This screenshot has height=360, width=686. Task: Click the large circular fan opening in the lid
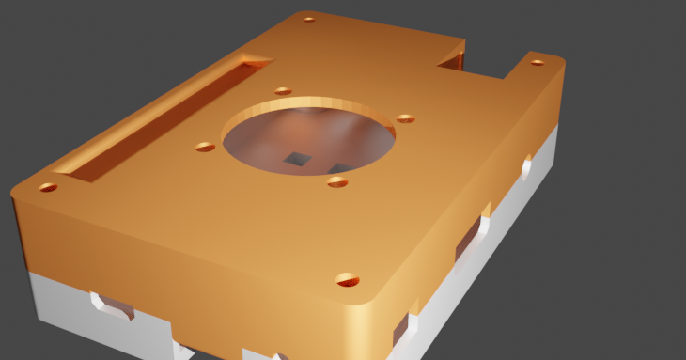(x=308, y=138)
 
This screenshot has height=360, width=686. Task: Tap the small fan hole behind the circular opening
(x=283, y=91)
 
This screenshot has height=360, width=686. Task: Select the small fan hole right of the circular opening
(x=405, y=118)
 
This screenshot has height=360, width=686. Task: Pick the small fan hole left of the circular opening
(x=205, y=147)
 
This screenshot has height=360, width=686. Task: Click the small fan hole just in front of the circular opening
(x=338, y=181)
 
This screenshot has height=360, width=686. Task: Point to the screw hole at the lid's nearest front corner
(x=348, y=279)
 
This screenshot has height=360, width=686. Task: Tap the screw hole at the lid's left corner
(x=47, y=187)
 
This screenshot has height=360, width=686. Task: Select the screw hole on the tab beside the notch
(x=537, y=63)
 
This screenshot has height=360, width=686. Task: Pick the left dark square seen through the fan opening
(x=298, y=159)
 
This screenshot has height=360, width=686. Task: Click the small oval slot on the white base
(x=526, y=167)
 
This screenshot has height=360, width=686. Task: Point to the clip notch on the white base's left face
(x=110, y=306)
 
